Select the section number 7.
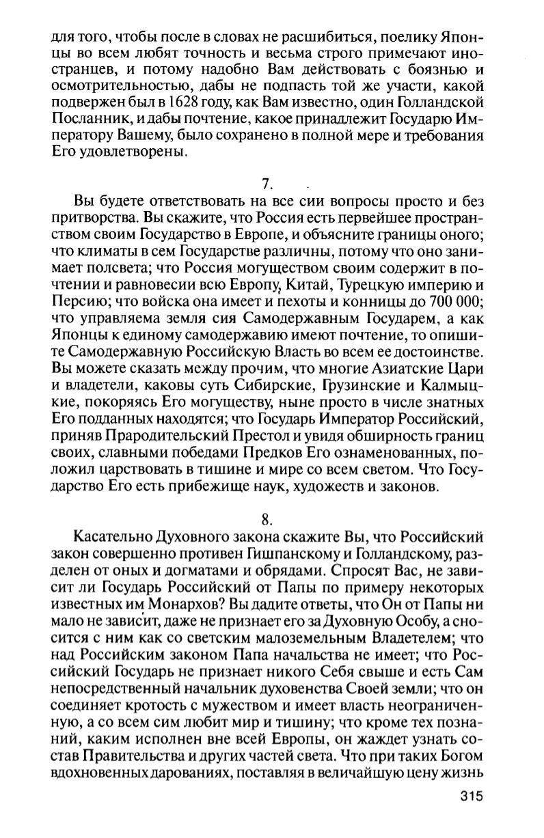tap(267, 183)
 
